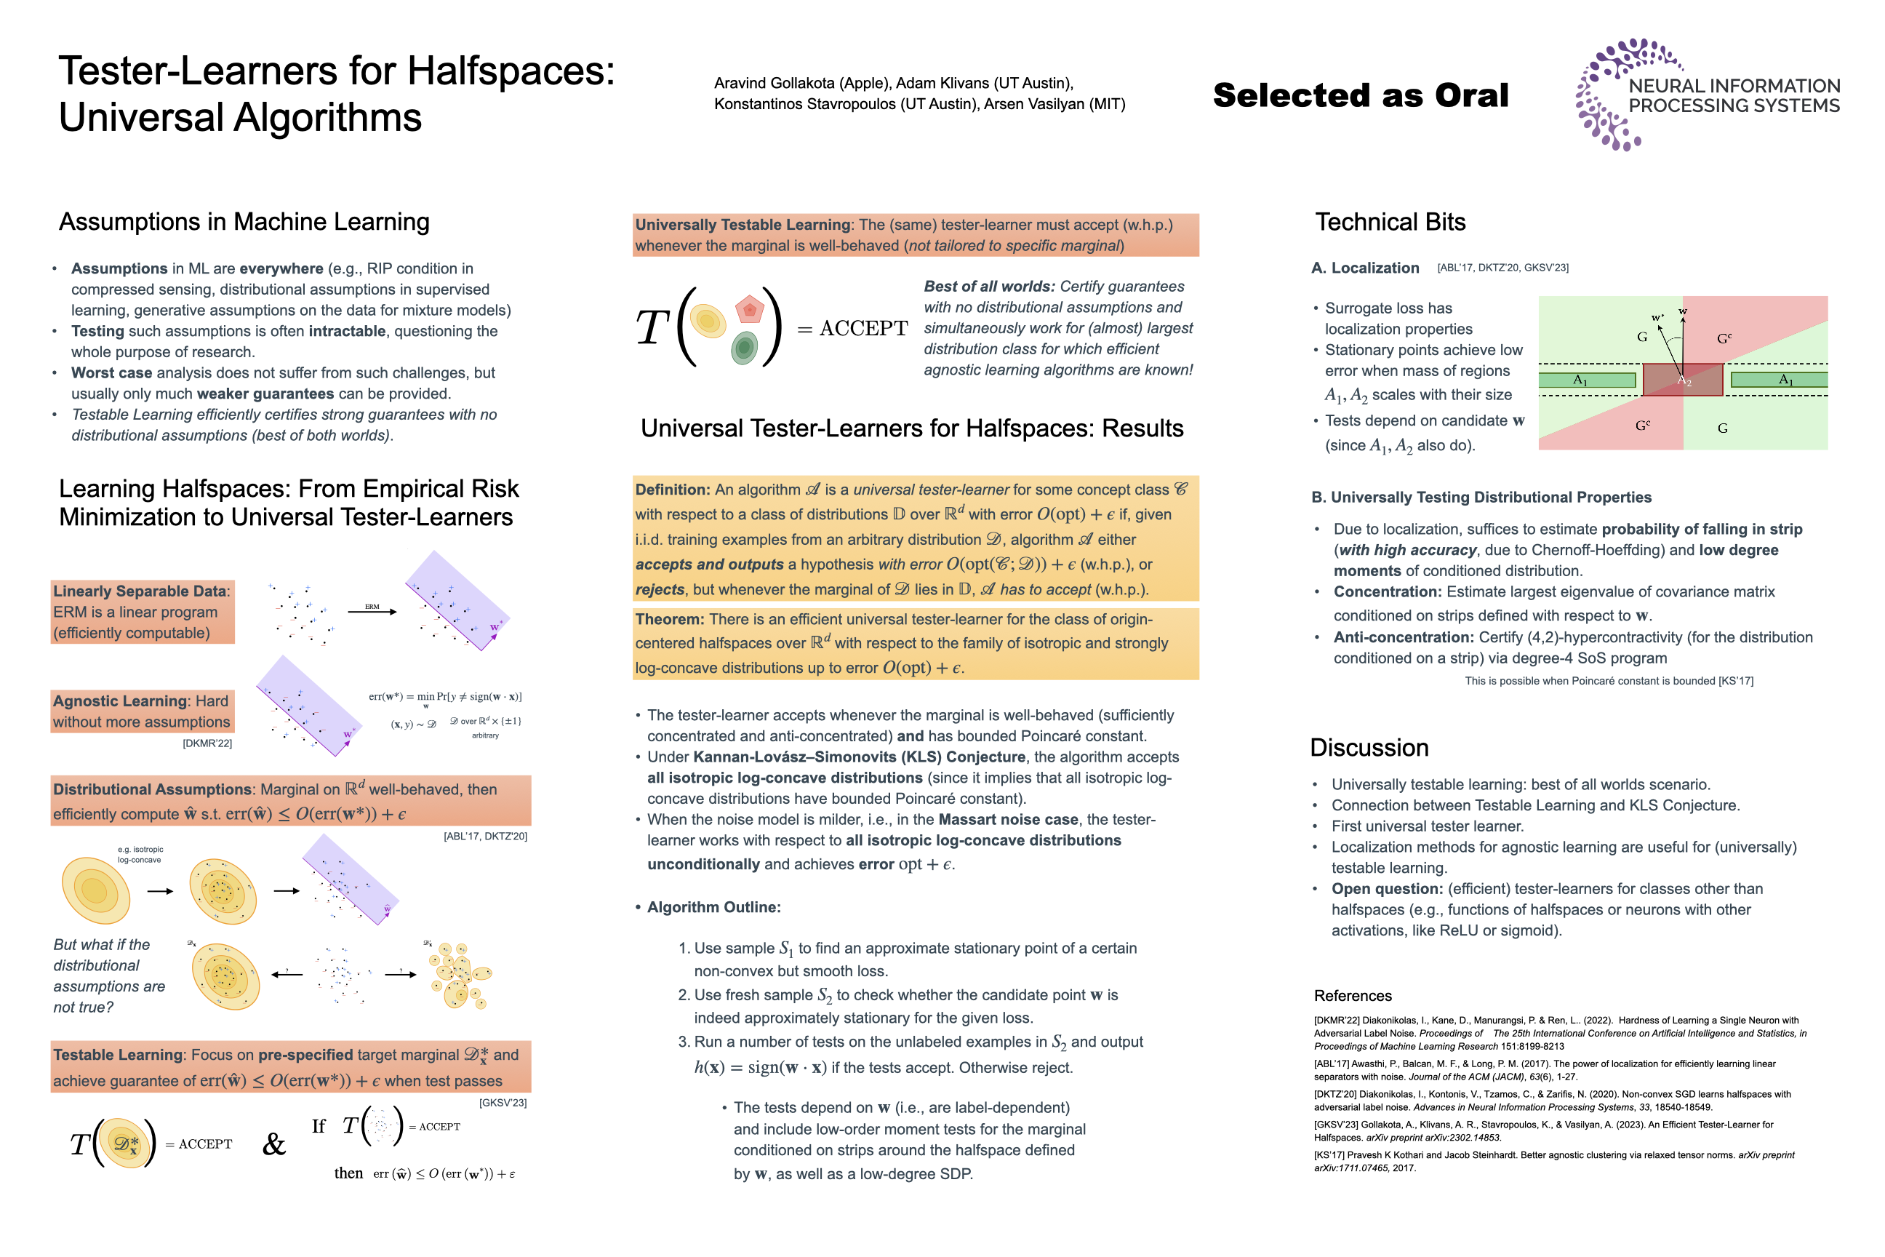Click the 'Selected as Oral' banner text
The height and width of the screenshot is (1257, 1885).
(1360, 95)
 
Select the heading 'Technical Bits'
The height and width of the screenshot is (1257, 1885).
(1390, 222)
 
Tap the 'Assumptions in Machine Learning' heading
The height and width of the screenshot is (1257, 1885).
(244, 222)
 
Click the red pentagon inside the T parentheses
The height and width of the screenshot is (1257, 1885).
(749, 308)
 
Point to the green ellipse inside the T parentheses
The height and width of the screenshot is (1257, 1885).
(745, 348)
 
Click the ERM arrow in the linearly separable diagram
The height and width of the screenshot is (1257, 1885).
(372, 612)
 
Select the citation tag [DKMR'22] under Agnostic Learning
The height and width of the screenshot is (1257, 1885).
(207, 743)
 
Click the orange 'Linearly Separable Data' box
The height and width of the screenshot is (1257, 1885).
(143, 612)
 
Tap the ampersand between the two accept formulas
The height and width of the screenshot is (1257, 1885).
(274, 1144)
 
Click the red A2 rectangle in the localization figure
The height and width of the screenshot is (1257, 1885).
(1682, 379)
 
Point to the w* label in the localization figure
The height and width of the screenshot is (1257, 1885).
(1657, 317)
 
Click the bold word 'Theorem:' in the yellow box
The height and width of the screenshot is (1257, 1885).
(669, 620)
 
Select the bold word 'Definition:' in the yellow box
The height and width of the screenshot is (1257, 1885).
(673, 490)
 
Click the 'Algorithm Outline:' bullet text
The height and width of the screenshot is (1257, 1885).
(713, 906)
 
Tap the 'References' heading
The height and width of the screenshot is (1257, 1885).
(1352, 996)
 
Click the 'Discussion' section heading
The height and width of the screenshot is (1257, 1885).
(1369, 747)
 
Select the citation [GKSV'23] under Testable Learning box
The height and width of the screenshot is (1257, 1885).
(503, 1103)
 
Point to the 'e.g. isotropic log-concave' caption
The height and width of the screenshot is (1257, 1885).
(140, 855)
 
